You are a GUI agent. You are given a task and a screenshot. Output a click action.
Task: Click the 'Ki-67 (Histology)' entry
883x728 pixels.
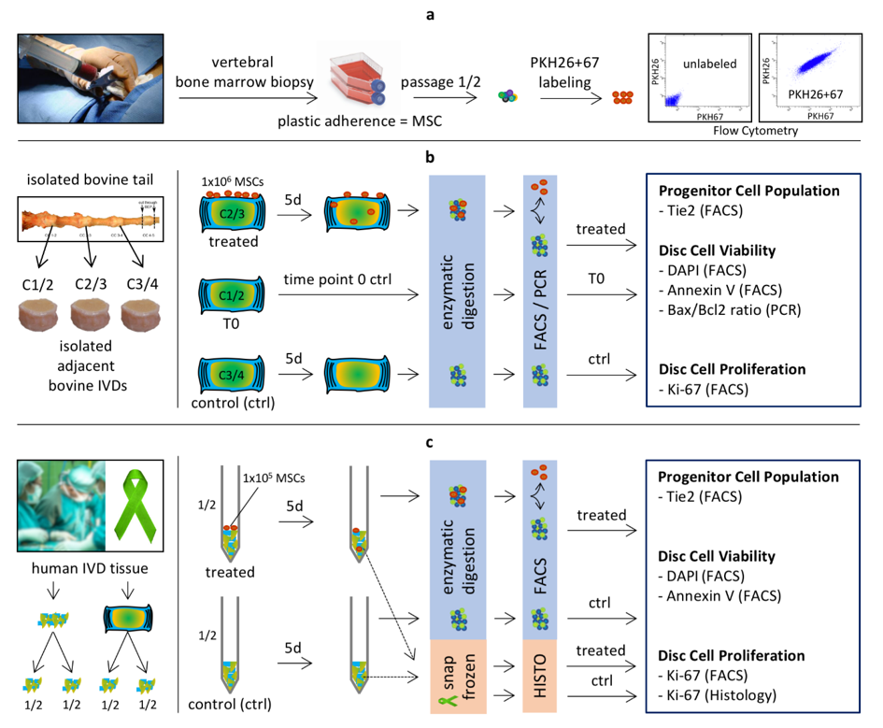pyautogui.click(x=728, y=693)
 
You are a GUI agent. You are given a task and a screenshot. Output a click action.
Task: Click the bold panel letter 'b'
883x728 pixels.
pyautogui.click(x=431, y=158)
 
